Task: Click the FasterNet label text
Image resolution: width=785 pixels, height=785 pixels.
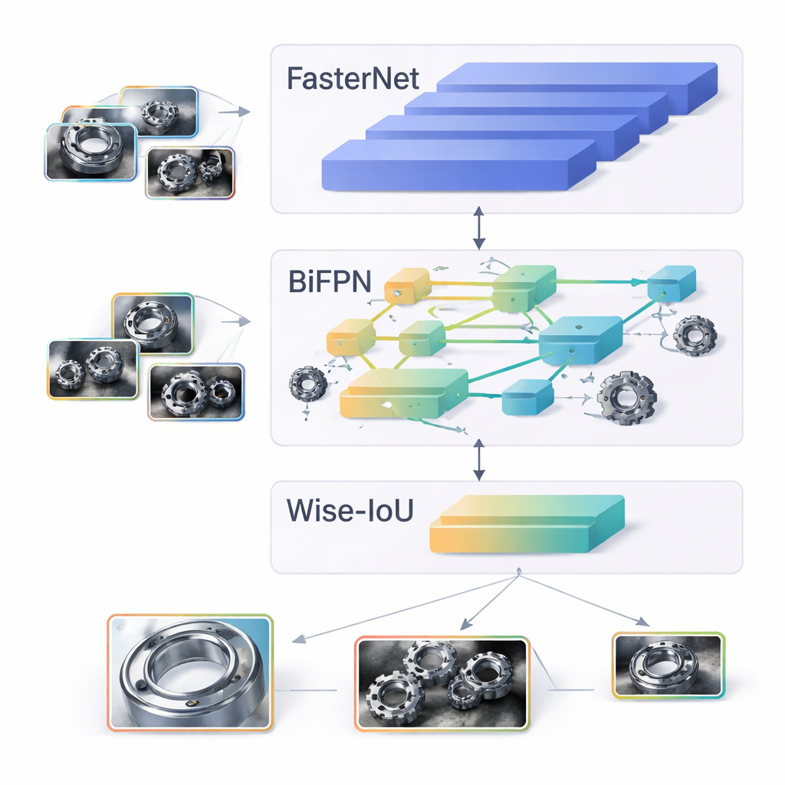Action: (x=353, y=80)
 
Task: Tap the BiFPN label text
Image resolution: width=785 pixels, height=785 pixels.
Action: (x=330, y=281)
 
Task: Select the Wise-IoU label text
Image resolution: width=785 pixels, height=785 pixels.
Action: (x=350, y=511)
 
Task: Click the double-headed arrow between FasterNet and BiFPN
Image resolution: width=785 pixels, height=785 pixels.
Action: (x=479, y=227)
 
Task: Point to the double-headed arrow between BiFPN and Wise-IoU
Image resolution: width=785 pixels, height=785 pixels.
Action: (x=479, y=459)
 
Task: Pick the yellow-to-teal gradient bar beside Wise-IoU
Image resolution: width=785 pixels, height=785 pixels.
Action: (x=527, y=525)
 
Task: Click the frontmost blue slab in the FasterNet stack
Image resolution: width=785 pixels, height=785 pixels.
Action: (x=458, y=165)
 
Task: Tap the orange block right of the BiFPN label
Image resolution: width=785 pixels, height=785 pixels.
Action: (x=406, y=286)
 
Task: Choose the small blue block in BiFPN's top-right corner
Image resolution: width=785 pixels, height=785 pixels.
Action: (x=672, y=283)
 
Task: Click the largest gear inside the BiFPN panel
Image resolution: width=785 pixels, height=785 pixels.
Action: (x=626, y=397)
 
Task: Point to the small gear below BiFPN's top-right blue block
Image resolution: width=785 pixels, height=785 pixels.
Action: (x=695, y=334)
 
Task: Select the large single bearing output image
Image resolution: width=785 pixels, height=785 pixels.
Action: (x=190, y=672)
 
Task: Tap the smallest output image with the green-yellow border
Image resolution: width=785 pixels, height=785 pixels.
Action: (x=668, y=665)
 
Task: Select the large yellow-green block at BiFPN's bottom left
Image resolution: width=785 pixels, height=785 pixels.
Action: (x=403, y=392)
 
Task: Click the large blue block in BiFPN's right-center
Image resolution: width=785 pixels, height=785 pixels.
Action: (x=580, y=339)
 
